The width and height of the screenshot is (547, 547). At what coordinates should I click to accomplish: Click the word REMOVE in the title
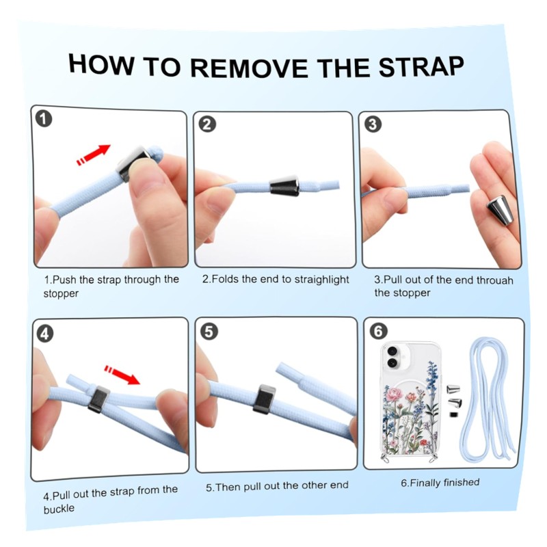(x=249, y=67)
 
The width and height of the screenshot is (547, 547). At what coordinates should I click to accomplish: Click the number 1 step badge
(x=44, y=118)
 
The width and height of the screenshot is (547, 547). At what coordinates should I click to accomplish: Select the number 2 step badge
(x=207, y=124)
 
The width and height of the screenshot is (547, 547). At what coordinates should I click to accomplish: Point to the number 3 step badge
(x=373, y=124)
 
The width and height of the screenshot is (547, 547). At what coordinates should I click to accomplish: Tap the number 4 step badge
(x=45, y=334)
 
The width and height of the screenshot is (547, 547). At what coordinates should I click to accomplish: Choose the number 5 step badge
(x=209, y=331)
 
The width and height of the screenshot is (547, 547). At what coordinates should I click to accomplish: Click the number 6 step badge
(x=379, y=331)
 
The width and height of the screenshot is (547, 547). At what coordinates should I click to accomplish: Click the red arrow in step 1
(x=93, y=155)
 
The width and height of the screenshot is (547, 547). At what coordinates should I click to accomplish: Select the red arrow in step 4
(x=122, y=374)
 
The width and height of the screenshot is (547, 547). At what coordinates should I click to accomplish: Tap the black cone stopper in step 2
(x=284, y=185)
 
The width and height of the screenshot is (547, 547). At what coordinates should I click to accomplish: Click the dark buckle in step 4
(x=98, y=399)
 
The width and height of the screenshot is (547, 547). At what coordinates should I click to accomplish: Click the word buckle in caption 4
(x=59, y=509)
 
